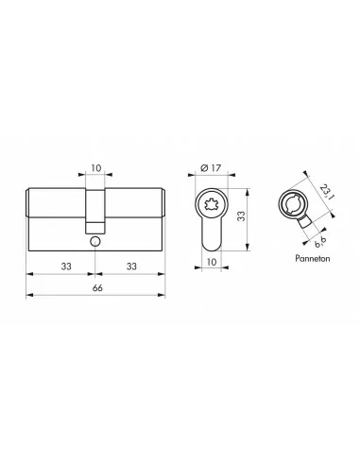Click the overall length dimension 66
[97, 287]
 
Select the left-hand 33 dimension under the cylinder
[66, 267]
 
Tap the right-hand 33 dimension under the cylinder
[131, 267]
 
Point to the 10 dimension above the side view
[96, 168]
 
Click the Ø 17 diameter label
[211, 168]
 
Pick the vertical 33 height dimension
[241, 215]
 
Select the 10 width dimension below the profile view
[212, 262]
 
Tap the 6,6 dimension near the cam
[320, 242]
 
